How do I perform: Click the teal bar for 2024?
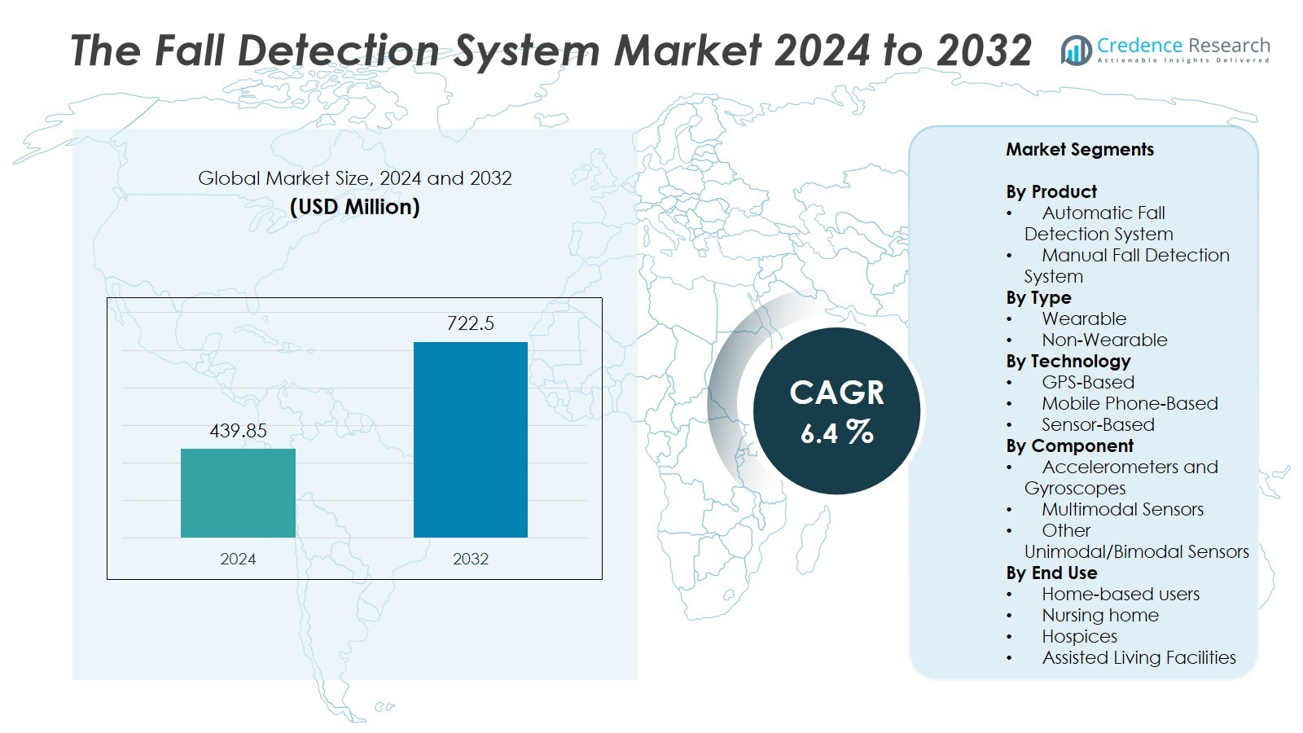point(238,493)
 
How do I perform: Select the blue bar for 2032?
point(471,440)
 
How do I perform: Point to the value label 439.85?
point(238,431)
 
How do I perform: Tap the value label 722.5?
point(471,323)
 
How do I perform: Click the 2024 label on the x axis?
point(238,559)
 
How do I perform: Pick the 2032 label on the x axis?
point(471,559)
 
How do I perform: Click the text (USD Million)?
point(354,207)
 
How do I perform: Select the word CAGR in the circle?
point(836,393)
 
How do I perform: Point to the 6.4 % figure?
point(836,432)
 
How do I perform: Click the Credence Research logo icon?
point(1076,50)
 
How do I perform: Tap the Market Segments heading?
point(1079,150)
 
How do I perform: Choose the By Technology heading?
point(1068,362)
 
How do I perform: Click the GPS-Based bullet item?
point(1087,383)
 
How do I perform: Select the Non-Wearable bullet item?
point(1103,340)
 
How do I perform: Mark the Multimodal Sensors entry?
point(1121,510)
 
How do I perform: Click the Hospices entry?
point(1079,637)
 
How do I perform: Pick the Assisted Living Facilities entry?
point(1138,658)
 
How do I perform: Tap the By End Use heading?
point(1051,573)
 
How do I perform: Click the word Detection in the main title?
point(339,50)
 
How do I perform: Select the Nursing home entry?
point(1099,616)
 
